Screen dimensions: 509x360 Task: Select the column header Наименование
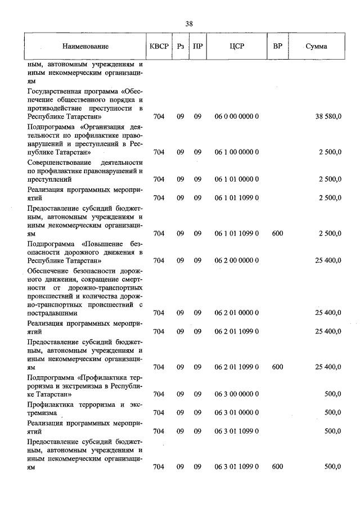click(x=85, y=46)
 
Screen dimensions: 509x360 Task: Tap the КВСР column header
click(x=159, y=46)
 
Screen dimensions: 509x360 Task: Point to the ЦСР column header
click(x=236, y=46)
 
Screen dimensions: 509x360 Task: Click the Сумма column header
click(x=316, y=46)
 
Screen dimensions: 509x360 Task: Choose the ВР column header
click(x=277, y=46)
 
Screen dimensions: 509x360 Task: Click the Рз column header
click(x=180, y=46)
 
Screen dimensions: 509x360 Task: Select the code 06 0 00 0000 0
click(x=236, y=116)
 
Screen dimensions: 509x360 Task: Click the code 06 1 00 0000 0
click(x=236, y=152)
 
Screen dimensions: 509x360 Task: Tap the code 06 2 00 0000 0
click(x=236, y=260)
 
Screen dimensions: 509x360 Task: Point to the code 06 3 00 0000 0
click(x=236, y=394)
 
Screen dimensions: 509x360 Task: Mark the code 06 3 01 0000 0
click(x=236, y=412)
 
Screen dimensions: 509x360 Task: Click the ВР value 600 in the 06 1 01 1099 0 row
click(x=277, y=233)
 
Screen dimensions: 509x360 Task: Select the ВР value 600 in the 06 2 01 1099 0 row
click(x=277, y=367)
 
